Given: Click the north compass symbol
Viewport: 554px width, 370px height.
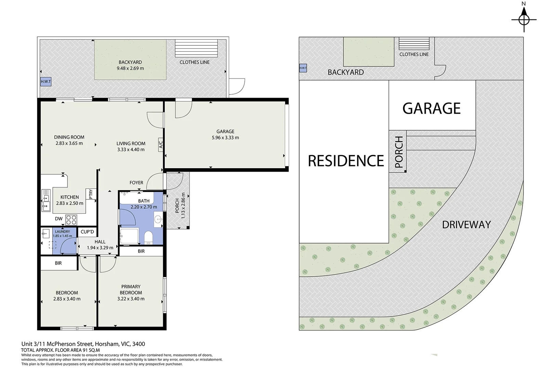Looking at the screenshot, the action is pyautogui.click(x=524, y=19).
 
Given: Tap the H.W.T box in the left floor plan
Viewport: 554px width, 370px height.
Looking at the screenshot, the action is pyautogui.click(x=46, y=82).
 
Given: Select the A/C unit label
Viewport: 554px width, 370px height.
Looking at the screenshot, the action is pyautogui.click(x=160, y=145).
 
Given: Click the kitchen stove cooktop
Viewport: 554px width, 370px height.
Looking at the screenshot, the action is pyautogui.click(x=71, y=220).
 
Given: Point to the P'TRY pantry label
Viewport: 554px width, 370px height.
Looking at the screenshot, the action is pyautogui.click(x=91, y=194).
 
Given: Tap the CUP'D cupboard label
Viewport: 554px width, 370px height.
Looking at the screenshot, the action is pyautogui.click(x=87, y=232).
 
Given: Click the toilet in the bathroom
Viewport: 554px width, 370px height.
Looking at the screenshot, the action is pyautogui.click(x=148, y=238).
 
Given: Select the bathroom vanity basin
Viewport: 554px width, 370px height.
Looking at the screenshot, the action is pyautogui.click(x=158, y=219).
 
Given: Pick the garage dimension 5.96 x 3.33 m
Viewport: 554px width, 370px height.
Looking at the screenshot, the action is pyautogui.click(x=225, y=137).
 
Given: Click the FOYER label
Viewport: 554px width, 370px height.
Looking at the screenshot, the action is pyautogui.click(x=136, y=183).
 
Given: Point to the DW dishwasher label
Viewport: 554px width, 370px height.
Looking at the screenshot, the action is pyautogui.click(x=58, y=219).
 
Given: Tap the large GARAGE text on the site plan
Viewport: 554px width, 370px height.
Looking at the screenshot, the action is pyautogui.click(x=432, y=108).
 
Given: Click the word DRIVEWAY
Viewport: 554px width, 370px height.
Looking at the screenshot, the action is pyautogui.click(x=466, y=225).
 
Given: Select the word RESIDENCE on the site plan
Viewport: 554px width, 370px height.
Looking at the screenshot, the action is pyautogui.click(x=346, y=161).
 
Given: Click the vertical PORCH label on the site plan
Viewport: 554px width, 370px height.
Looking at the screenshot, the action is pyautogui.click(x=399, y=152).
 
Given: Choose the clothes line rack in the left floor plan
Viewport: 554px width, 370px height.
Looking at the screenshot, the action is pyautogui.click(x=196, y=48).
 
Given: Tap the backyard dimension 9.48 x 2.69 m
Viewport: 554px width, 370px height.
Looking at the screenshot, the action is pyautogui.click(x=130, y=68).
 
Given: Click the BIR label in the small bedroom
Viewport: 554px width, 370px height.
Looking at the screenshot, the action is pyautogui.click(x=58, y=263).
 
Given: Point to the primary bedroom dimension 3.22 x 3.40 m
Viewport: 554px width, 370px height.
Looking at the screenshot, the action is pyautogui.click(x=131, y=299).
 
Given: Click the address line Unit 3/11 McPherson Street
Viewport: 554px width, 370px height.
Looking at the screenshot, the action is pyautogui.click(x=83, y=344).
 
